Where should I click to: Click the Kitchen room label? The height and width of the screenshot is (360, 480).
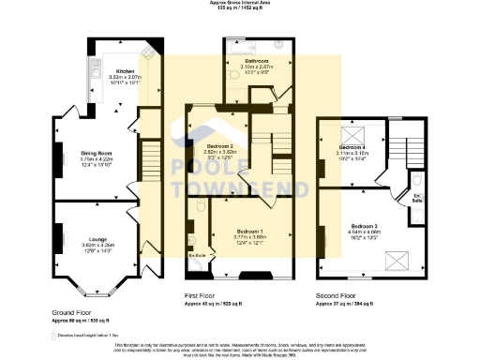pos(126,70)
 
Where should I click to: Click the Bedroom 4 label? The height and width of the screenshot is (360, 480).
pos(352,148)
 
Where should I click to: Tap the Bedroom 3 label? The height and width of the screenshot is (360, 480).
pos(365,226)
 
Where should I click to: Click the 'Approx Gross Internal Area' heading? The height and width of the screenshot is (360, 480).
pos(240,3)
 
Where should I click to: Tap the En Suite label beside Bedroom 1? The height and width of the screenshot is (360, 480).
pos(197,254)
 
